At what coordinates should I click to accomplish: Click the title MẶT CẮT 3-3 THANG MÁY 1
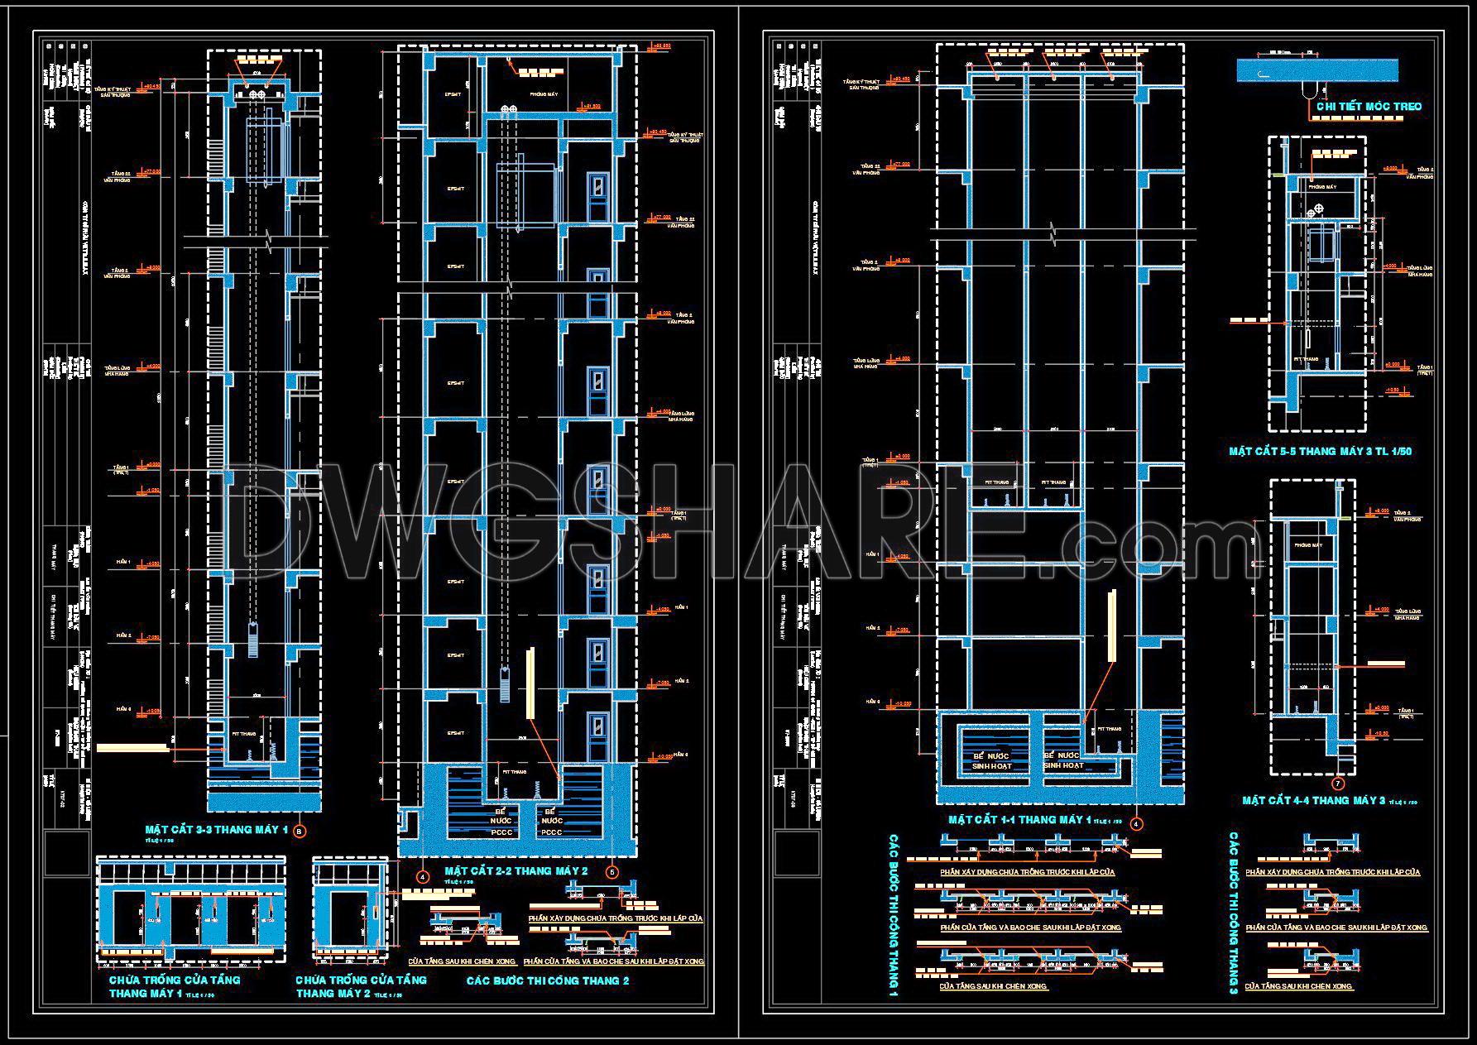(x=216, y=829)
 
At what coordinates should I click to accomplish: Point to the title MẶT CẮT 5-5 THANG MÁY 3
(x=1320, y=452)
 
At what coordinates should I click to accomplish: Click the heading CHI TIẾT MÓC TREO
(x=1369, y=106)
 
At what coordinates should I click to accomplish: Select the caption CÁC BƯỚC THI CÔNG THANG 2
(x=548, y=980)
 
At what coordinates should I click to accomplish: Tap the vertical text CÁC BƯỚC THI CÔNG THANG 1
(x=894, y=914)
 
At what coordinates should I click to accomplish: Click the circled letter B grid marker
(x=300, y=830)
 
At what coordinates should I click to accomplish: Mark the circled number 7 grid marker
(x=1338, y=784)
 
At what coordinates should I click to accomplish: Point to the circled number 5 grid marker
(x=612, y=872)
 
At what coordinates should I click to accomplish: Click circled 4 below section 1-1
(x=1136, y=824)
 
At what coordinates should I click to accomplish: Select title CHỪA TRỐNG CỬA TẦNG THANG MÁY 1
(x=175, y=986)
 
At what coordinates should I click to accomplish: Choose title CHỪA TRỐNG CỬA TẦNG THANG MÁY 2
(x=361, y=986)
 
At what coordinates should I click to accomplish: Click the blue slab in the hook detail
(x=1316, y=70)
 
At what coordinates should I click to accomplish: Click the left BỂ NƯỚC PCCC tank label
(x=502, y=822)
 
